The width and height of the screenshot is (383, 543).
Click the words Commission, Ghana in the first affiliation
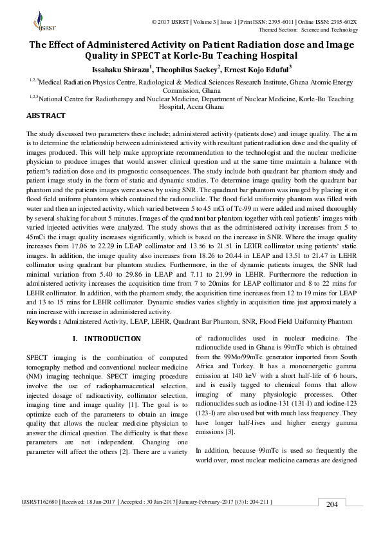pyautogui.click(x=192, y=91)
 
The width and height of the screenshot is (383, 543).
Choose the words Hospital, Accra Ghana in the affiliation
pyautogui.click(x=192, y=108)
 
